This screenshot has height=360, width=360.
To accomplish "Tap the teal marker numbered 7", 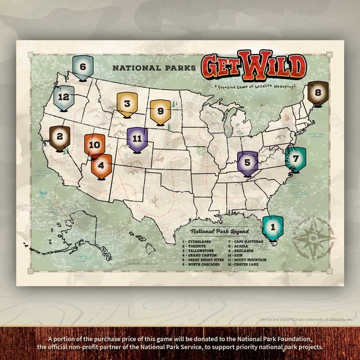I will coord(295,159).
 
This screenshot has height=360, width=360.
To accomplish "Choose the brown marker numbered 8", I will coord(318,94).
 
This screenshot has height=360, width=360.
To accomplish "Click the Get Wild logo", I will coord(254,67).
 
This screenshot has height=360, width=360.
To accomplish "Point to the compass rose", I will coord(314,237).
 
